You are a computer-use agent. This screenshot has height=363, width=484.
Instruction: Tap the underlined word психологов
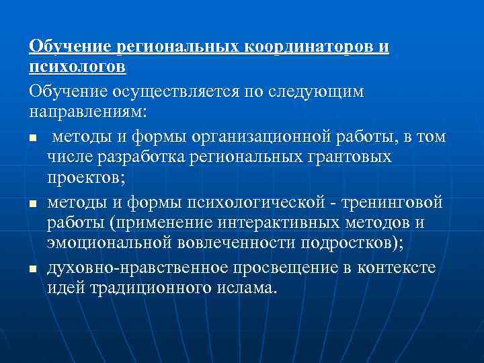pyautogui.click(x=77, y=67)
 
